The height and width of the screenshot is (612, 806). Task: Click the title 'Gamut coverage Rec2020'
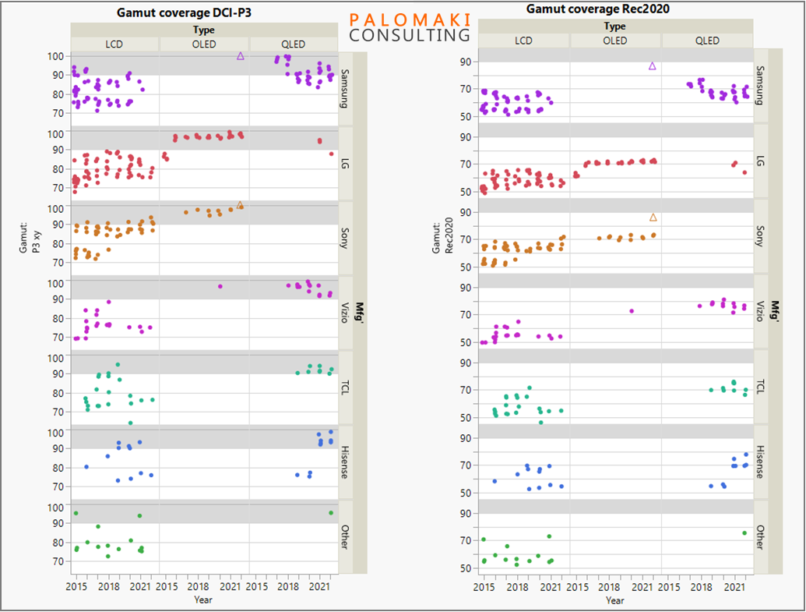click(598, 9)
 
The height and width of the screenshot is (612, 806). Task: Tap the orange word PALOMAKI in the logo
click(410, 19)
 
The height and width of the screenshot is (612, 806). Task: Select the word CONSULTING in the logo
click(410, 35)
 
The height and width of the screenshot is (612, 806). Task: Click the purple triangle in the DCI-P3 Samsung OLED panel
click(241, 56)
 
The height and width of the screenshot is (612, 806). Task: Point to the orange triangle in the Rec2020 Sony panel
click(653, 218)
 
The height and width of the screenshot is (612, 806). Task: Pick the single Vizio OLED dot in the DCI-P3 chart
click(220, 286)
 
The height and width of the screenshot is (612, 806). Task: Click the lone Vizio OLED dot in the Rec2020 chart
click(632, 311)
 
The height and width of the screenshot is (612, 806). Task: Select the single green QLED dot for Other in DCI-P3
click(331, 512)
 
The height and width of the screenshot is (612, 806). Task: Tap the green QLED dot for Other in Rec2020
click(744, 532)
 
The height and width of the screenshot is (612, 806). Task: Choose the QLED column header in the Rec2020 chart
click(707, 41)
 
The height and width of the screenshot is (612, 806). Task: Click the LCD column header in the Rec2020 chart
click(523, 41)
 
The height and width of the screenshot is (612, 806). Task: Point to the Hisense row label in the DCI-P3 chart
click(345, 463)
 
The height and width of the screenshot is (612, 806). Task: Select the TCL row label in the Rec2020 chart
click(760, 387)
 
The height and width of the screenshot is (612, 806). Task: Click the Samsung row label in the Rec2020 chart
click(760, 85)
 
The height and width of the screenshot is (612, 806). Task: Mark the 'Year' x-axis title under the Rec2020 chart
click(614, 600)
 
